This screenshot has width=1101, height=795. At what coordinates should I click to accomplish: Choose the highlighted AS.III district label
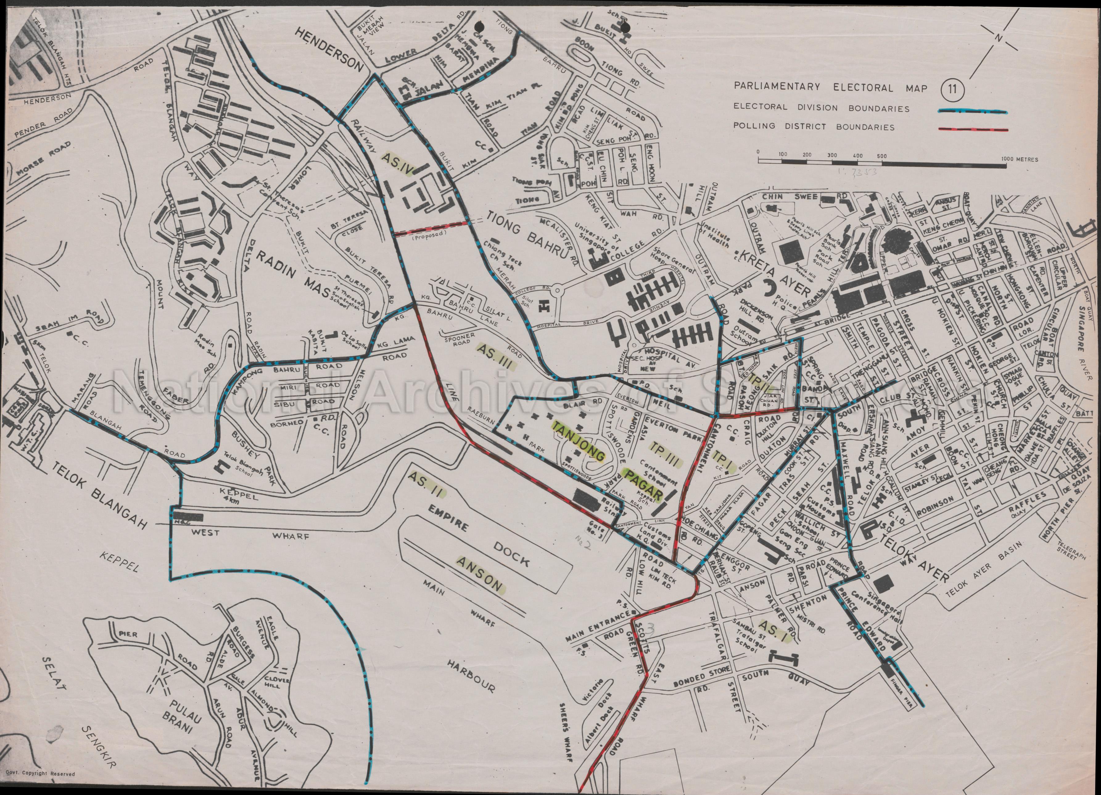coord(495,357)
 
